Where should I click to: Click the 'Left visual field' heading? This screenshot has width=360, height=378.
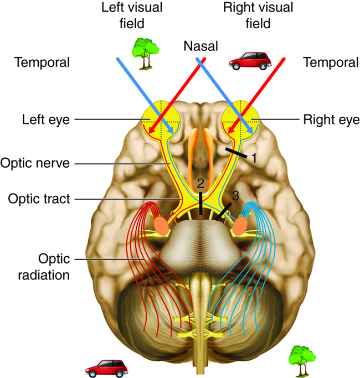[132, 15]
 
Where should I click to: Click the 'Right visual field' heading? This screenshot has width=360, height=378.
[258, 15]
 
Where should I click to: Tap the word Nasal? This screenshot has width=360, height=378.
[200, 46]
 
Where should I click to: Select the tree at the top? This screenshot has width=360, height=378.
[145, 54]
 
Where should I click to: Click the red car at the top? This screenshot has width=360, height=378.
[250, 61]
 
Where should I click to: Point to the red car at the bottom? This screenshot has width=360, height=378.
[106, 369]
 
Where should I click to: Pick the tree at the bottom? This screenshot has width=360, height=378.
[302, 361]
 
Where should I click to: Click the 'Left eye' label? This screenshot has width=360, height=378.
[46, 120]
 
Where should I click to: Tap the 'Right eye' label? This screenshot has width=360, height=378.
[331, 120]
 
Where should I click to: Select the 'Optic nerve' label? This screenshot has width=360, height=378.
[35, 163]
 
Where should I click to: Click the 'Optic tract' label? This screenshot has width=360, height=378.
[39, 199]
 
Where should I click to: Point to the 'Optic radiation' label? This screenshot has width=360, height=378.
[44, 267]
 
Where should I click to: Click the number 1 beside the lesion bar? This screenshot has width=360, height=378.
[254, 158]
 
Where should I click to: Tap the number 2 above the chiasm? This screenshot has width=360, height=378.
[200, 183]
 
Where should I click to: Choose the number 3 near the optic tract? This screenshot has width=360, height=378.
[235, 196]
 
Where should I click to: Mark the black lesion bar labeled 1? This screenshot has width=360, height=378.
[236, 153]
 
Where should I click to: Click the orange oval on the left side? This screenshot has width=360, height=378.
[161, 225]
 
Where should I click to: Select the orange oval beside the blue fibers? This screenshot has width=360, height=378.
[240, 226]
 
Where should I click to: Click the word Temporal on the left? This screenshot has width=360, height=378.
[42, 62]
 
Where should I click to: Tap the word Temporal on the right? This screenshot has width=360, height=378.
[331, 62]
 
